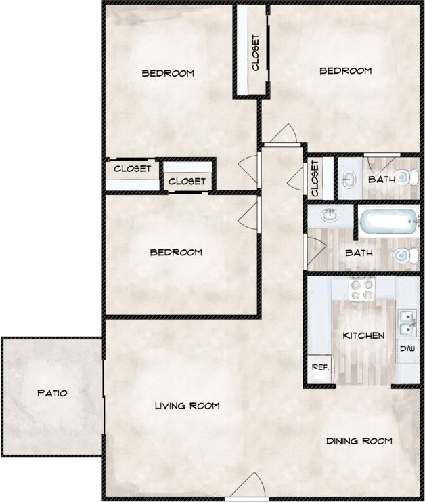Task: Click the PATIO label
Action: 52,393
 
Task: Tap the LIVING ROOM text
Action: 187,406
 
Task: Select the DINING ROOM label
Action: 359,441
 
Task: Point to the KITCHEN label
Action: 363,335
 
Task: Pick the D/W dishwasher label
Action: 407,350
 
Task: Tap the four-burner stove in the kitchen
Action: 362,290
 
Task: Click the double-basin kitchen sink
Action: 407,322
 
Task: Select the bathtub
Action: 389,222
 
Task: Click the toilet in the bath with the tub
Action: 403,255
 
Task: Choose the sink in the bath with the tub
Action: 330,216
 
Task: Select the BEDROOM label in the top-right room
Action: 346,70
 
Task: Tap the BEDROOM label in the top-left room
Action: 168,73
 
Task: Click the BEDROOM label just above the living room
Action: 176,253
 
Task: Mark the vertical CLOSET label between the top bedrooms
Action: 255,52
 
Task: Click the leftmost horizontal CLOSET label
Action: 132,169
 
